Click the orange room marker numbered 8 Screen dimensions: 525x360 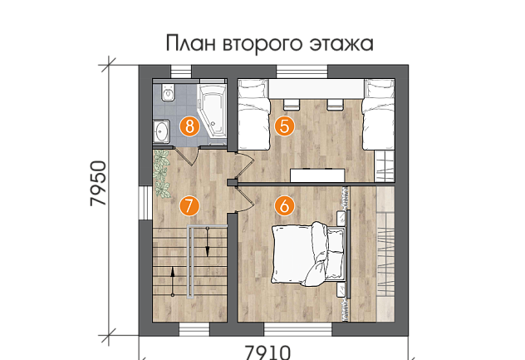click(x=189, y=126)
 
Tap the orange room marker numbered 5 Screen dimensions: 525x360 click(x=284, y=126)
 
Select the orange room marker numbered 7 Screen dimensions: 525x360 click(x=189, y=205)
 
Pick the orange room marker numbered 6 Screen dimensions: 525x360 click(x=284, y=205)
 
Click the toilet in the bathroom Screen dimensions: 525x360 click(x=168, y=92)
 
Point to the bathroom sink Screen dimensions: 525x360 click(x=162, y=131)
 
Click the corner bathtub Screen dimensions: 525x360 click(x=213, y=111)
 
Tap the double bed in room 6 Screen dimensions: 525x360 click(x=309, y=254)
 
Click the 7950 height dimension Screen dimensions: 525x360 click(x=99, y=184)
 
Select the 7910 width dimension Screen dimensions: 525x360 click(x=267, y=353)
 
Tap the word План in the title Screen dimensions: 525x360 click(x=190, y=43)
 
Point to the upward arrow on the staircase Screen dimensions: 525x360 click(x=173, y=281)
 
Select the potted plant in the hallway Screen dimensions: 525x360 click(x=162, y=174)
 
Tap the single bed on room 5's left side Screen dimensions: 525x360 click(x=253, y=115)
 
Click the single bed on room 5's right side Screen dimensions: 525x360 click(x=378, y=115)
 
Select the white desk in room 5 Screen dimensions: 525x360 click(x=317, y=175)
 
